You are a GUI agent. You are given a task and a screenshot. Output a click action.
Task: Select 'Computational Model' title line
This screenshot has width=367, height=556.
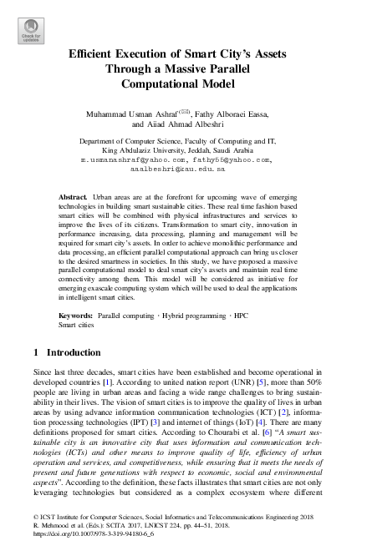pos(182,83)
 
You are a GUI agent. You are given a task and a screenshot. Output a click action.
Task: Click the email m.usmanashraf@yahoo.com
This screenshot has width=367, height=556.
pos(132,159)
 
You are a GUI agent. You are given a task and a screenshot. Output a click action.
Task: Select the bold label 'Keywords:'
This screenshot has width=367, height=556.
pos(77,317)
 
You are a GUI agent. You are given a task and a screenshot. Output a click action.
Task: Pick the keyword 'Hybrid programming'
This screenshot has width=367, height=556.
pos(189,317)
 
